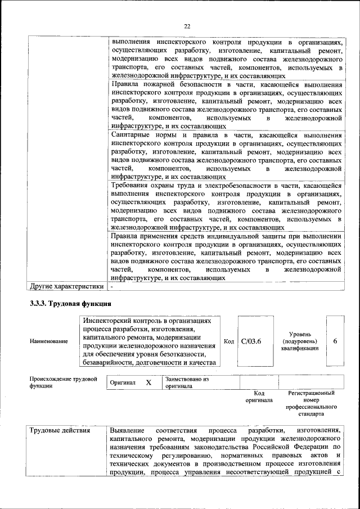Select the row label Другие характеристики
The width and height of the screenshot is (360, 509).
tap(67, 286)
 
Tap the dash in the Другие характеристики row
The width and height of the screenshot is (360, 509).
tap(112, 286)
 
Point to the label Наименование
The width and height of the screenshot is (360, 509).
tap(49, 341)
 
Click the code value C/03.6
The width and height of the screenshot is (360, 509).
tap(251, 341)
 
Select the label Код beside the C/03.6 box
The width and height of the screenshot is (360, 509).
tap(229, 341)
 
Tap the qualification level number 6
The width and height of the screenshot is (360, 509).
tap(335, 341)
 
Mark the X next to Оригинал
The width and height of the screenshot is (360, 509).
tap(148, 382)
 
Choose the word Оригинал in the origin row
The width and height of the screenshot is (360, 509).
tap(123, 382)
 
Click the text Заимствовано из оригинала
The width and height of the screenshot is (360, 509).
tap(186, 382)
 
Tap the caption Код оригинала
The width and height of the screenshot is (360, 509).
tap(259, 397)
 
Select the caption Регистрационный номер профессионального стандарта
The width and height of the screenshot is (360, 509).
tap(311, 403)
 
